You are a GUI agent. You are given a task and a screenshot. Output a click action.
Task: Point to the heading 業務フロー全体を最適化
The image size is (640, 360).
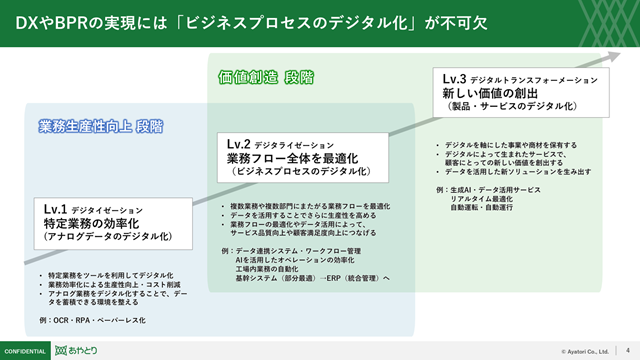[x=293, y=158]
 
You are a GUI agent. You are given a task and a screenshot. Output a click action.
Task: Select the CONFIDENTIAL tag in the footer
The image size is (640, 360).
[x=26, y=351]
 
